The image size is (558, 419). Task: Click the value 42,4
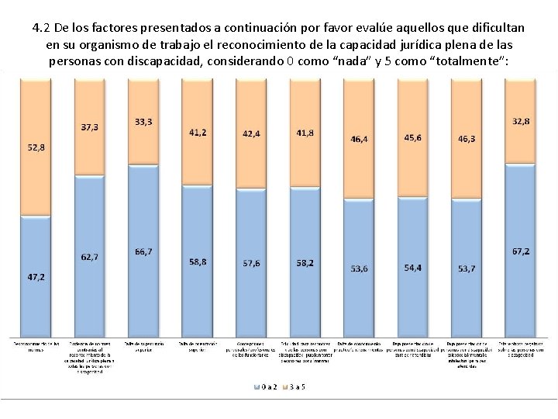point(252,133)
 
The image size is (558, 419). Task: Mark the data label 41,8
point(305,133)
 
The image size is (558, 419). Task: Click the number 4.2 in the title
point(43,28)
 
